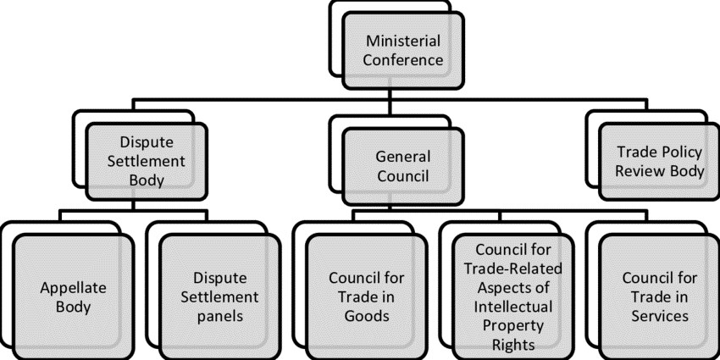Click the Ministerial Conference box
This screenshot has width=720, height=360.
point(404,51)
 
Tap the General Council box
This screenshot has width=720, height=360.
point(403,166)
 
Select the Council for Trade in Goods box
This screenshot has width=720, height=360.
point(367,296)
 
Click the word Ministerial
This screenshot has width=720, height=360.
point(404,41)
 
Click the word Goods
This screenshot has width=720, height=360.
point(367,316)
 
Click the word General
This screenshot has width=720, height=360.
point(403,157)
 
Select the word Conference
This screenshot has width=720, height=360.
point(404,60)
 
